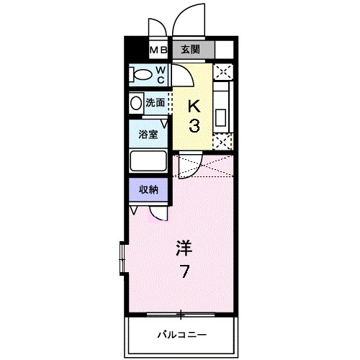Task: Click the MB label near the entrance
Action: (x=158, y=50)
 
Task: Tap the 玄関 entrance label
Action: (x=190, y=50)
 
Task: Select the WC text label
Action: (x=161, y=75)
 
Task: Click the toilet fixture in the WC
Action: (x=140, y=75)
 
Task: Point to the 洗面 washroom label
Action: (x=156, y=103)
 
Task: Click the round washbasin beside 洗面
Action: (x=136, y=104)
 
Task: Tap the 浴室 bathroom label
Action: (x=148, y=135)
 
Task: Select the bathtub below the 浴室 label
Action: (x=148, y=161)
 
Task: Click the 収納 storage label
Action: (x=148, y=189)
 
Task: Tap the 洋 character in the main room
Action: (x=184, y=248)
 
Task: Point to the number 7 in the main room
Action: (x=184, y=271)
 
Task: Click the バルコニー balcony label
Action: (x=181, y=334)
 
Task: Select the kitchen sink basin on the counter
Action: (x=220, y=118)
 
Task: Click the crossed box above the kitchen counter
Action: (x=223, y=71)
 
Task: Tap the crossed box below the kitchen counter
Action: (x=222, y=142)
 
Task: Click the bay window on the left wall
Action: (x=122, y=258)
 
